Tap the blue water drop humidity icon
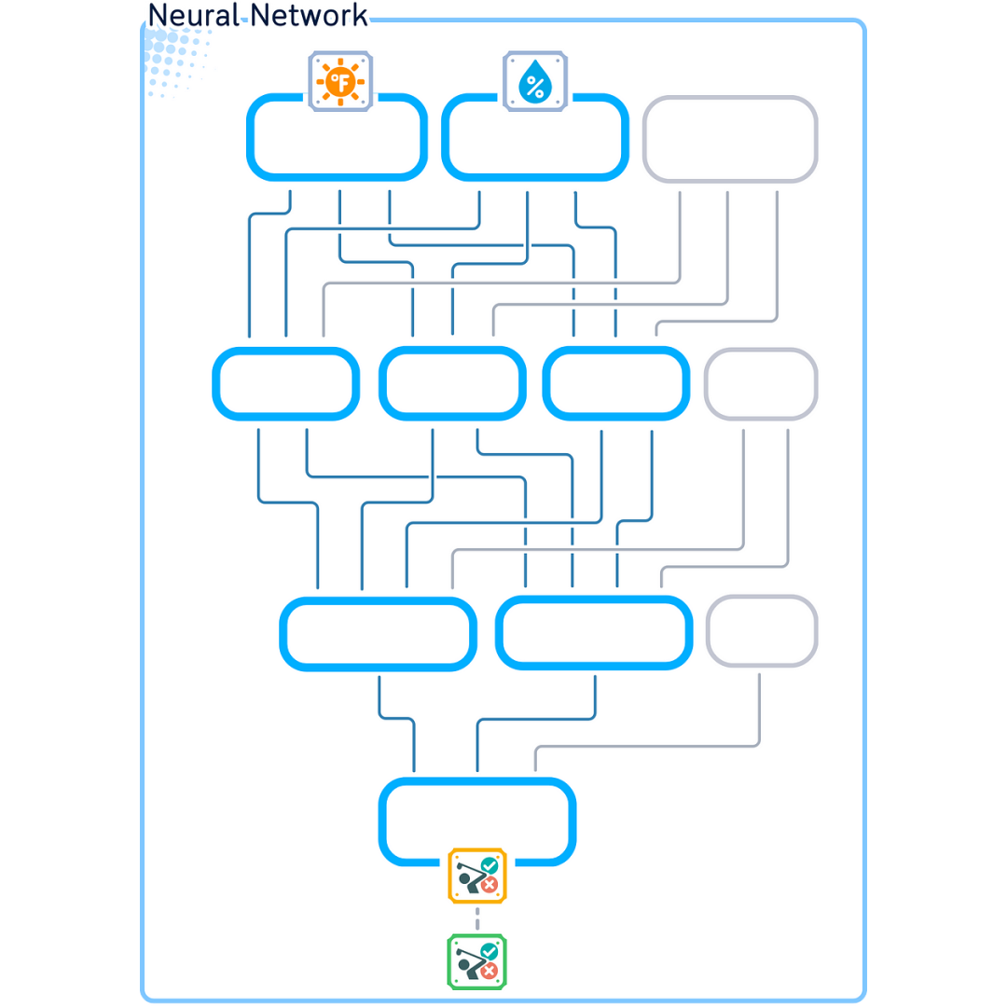click(535, 82)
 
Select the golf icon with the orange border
click(477, 876)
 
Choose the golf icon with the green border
click(477, 961)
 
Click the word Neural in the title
click(193, 16)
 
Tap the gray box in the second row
click(761, 383)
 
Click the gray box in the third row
click(762, 631)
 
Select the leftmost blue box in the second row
click(285, 383)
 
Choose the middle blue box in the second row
click(452, 383)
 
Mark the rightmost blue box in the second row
click(616, 383)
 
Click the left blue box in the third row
click(379, 634)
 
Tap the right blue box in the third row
click(594, 634)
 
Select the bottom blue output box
click(477, 821)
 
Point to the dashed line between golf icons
click(477, 918)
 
